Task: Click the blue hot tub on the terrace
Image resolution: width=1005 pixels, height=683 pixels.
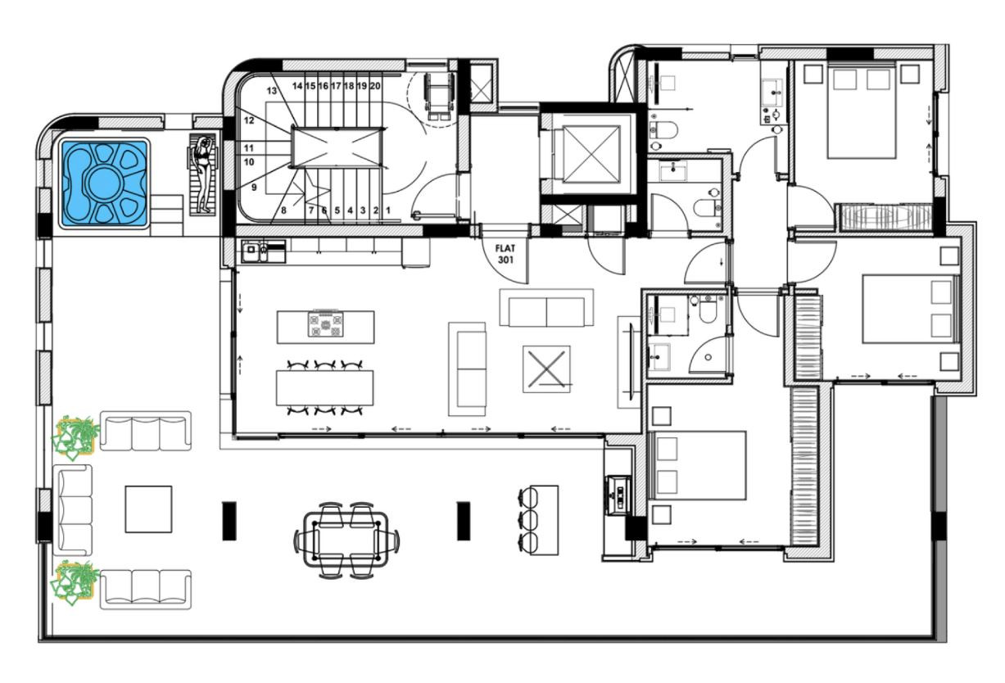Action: tap(104, 183)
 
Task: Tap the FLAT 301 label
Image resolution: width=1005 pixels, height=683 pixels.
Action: tap(505, 254)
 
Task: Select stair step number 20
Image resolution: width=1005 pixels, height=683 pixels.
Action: tap(375, 86)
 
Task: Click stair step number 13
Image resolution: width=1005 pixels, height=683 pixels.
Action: tap(272, 91)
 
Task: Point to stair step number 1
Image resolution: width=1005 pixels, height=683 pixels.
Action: tap(388, 210)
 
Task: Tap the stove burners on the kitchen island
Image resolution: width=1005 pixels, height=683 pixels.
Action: tap(326, 324)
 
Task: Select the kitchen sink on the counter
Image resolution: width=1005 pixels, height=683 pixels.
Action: tap(255, 251)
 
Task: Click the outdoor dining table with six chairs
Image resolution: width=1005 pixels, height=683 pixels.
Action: tap(346, 540)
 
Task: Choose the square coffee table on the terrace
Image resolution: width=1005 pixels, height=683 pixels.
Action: tap(148, 509)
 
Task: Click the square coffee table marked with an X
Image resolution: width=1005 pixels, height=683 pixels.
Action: tap(546, 369)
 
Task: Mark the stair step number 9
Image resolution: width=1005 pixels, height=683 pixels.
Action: tap(254, 188)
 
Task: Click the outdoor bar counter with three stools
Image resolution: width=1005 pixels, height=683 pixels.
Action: tap(538, 520)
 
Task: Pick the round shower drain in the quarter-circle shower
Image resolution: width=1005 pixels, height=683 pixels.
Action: tap(708, 357)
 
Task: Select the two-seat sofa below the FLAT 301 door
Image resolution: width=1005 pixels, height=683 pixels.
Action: tap(546, 308)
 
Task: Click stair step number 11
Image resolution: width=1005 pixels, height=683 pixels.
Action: tap(249, 148)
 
